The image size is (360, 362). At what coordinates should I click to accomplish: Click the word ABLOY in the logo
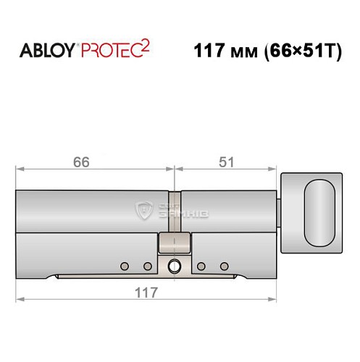[x=45, y=52]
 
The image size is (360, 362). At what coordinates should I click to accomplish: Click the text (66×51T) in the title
[x=303, y=52]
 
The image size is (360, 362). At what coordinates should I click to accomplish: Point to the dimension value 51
[x=226, y=162]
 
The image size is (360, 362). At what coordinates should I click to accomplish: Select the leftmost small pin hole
[x=124, y=264]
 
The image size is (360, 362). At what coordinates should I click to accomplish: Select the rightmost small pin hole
[x=224, y=264]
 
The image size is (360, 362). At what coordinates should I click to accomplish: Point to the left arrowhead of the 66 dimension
[x=19, y=172]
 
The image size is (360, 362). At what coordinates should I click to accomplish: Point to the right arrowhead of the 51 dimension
[x=276, y=172]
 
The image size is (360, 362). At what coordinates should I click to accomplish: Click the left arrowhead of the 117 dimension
[x=19, y=298]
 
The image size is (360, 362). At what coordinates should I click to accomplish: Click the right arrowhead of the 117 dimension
[x=276, y=298]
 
